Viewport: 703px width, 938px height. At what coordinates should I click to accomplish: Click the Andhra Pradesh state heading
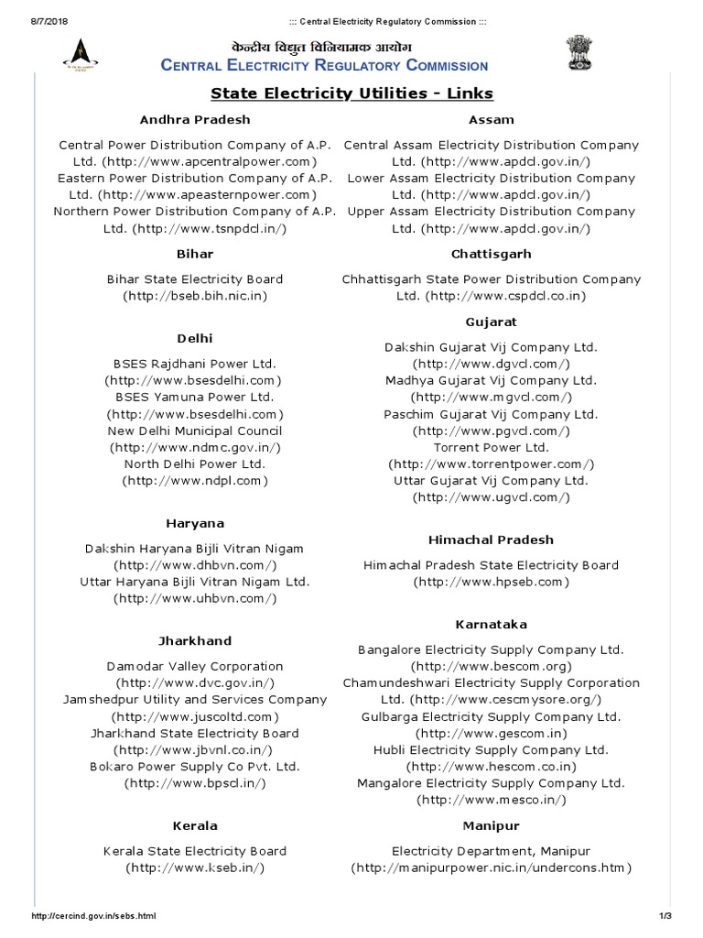(x=195, y=119)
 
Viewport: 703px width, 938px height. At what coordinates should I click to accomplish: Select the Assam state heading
(x=491, y=119)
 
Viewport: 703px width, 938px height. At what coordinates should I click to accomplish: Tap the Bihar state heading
(x=195, y=254)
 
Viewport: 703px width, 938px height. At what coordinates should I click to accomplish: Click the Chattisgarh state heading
(x=491, y=254)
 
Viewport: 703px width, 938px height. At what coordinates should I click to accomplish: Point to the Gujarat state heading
(x=491, y=322)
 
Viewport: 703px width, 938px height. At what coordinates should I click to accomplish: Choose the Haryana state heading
(x=195, y=523)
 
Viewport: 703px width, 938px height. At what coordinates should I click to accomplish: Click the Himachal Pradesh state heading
(x=491, y=540)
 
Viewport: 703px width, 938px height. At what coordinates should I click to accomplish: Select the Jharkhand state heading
(x=195, y=640)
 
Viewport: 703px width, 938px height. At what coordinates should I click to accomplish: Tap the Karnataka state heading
(x=491, y=624)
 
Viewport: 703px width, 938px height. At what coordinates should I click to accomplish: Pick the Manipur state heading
(x=491, y=825)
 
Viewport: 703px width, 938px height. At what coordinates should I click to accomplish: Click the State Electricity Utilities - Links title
(x=351, y=93)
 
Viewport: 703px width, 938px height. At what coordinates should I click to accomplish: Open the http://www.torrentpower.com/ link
(x=492, y=464)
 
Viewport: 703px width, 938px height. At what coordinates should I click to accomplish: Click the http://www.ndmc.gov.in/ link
(x=195, y=447)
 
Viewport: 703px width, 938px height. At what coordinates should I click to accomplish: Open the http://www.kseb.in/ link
(x=195, y=867)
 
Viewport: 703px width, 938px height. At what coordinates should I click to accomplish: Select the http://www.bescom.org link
(x=492, y=665)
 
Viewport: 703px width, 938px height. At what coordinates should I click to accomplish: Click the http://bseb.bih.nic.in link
(x=195, y=296)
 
